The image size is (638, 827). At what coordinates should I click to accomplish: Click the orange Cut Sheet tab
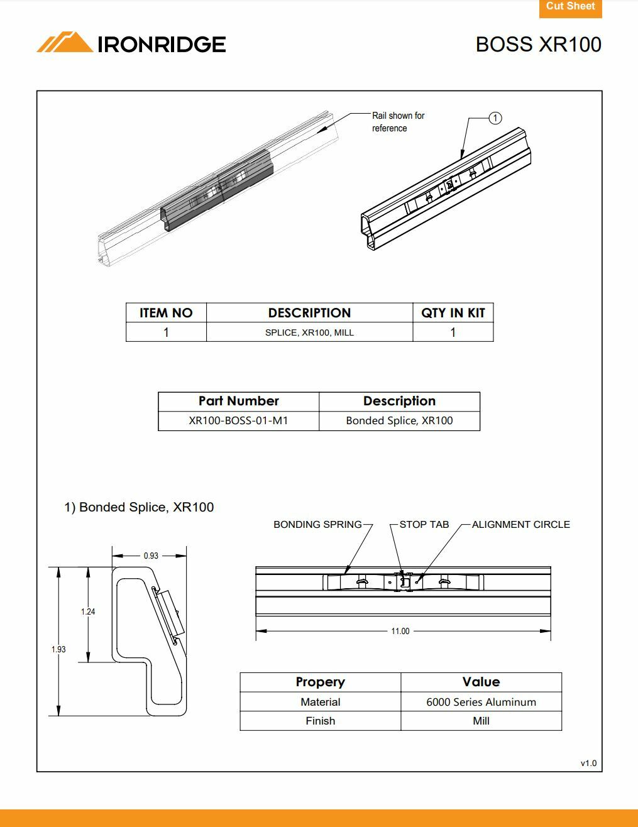570,7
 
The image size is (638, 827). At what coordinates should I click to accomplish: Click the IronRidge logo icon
64,43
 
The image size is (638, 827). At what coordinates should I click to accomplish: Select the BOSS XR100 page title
538,45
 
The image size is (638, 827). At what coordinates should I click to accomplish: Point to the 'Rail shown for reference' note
398,122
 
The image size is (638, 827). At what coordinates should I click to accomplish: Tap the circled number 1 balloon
495,118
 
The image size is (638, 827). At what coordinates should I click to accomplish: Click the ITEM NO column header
166,313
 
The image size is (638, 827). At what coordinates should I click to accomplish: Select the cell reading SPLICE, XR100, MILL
309,332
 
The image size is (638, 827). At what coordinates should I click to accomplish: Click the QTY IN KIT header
453,313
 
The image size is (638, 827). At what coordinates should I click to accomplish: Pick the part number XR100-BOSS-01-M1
238,420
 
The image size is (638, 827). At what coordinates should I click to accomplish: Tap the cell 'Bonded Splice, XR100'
399,420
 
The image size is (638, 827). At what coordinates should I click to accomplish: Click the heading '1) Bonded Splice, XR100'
139,507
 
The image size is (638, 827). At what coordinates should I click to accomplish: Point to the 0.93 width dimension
151,556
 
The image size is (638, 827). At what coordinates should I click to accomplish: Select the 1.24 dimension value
88,611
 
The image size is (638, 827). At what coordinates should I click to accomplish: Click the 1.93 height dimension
58,649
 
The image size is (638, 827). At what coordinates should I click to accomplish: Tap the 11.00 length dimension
400,631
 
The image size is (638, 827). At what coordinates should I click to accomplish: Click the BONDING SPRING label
317,524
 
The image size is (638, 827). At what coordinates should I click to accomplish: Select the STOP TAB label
424,524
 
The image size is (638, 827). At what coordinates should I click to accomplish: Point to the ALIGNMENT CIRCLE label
520,524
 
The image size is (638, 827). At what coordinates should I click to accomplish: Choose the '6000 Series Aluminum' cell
481,702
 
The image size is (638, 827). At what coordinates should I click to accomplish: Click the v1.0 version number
588,763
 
